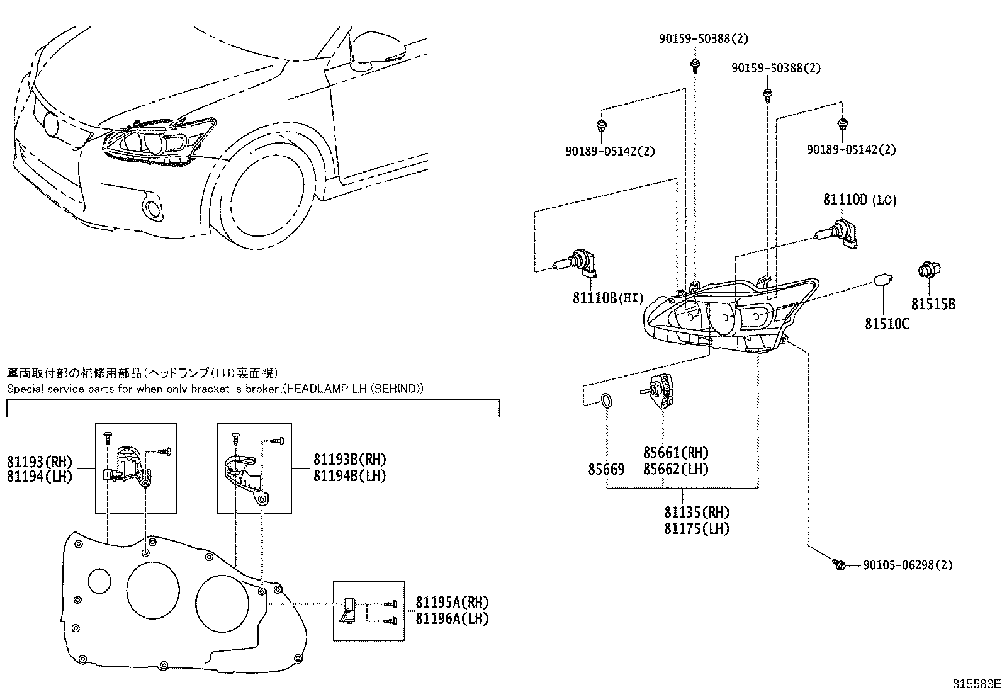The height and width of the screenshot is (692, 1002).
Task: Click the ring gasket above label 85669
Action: pyautogui.click(x=606, y=401)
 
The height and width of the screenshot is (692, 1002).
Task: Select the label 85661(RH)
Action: pyautogui.click(x=675, y=453)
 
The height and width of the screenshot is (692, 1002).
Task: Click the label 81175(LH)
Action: pyautogui.click(x=696, y=528)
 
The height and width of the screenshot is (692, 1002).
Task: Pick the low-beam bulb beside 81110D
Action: pyautogui.click(x=838, y=234)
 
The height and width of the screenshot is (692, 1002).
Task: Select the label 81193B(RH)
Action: pyautogui.click(x=350, y=460)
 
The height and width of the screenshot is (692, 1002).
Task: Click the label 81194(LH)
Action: pyautogui.click(x=40, y=476)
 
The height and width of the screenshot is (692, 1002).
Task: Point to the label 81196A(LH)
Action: pyautogui.click(x=451, y=618)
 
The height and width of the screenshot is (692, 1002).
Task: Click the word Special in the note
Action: pyautogui.click(x=25, y=389)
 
